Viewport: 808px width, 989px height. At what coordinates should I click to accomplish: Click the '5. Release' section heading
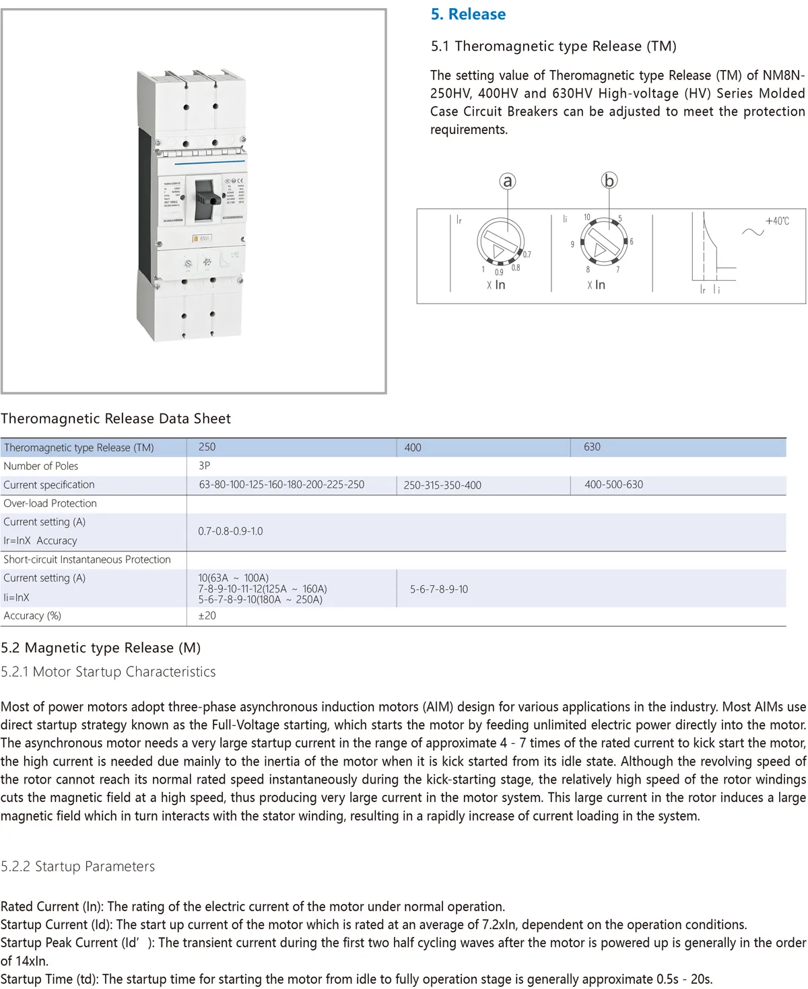(x=468, y=14)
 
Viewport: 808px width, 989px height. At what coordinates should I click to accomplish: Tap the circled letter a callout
(x=508, y=180)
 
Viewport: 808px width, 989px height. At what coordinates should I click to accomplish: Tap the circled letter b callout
(x=609, y=180)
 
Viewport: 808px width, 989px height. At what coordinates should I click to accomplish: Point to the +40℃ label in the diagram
(x=777, y=221)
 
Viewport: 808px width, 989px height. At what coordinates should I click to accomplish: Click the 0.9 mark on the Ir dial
(x=499, y=272)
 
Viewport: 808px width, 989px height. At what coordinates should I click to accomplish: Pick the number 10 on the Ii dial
(x=586, y=217)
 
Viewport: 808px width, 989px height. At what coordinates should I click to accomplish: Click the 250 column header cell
(x=207, y=447)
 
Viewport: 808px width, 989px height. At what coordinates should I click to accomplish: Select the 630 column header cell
(x=592, y=447)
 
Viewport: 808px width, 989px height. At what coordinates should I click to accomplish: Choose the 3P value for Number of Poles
(x=205, y=466)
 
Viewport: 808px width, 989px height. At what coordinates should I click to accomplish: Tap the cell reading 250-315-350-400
(x=442, y=485)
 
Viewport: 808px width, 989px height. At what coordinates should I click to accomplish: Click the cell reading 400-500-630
(x=613, y=485)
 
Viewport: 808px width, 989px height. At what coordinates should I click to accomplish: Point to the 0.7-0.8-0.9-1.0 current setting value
(x=230, y=531)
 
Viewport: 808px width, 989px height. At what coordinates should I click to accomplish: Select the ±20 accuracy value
(x=207, y=616)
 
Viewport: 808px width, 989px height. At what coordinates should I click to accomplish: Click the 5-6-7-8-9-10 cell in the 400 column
(x=439, y=589)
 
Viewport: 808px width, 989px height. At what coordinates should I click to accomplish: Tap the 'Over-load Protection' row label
(x=50, y=504)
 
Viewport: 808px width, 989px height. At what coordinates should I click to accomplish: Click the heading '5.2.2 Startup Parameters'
(x=78, y=866)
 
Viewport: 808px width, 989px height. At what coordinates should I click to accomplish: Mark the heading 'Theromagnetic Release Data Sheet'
(x=116, y=419)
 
